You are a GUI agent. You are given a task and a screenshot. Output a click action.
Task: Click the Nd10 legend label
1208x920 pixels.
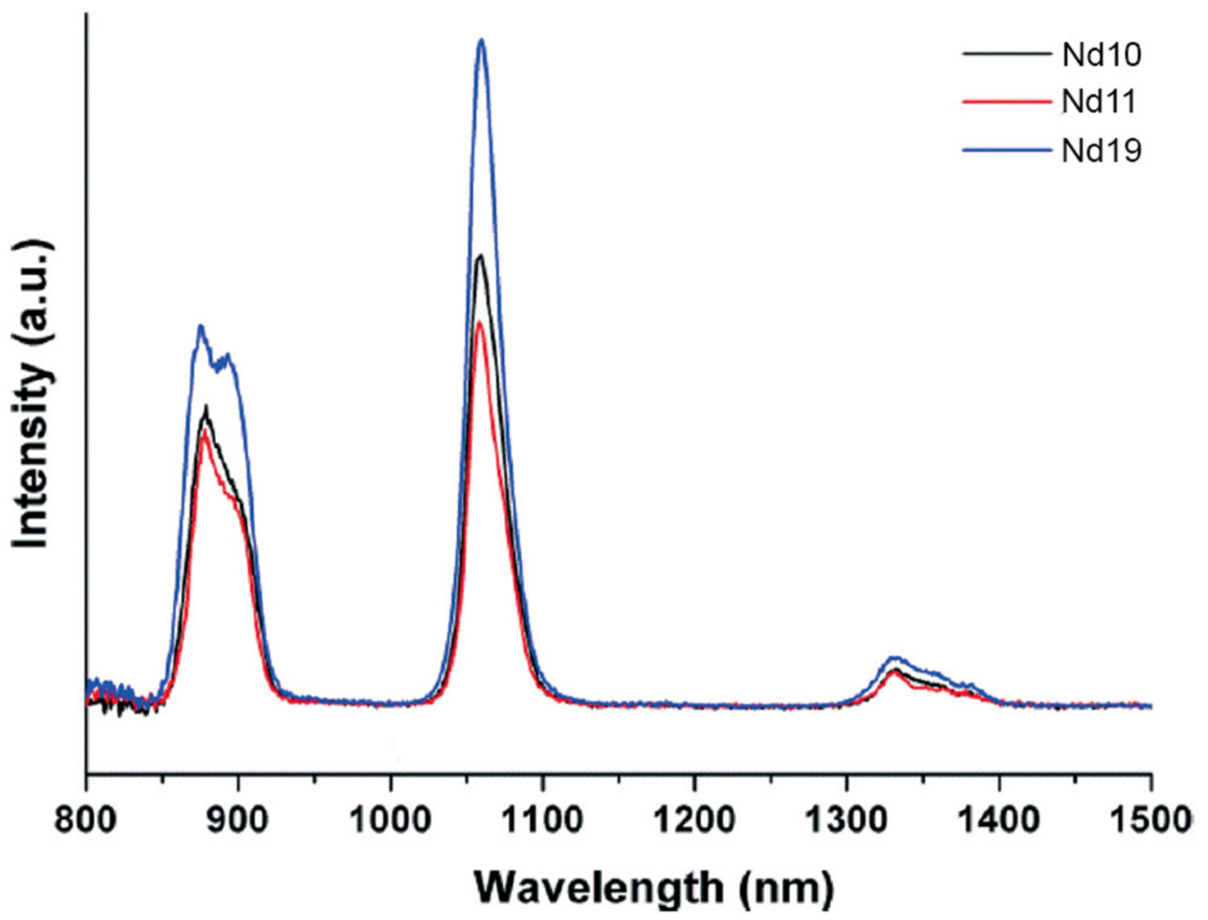pos(1101,55)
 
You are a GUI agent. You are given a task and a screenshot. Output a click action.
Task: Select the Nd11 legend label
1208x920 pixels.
pos(1099,102)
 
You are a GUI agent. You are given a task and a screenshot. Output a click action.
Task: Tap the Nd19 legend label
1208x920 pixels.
pos(1101,149)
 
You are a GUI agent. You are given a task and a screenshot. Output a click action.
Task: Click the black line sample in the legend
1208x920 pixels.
pos(1007,55)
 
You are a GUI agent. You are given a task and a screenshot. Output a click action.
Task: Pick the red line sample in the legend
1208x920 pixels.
pos(1007,102)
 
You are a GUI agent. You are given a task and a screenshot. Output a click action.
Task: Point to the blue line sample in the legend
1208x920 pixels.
pos(1007,149)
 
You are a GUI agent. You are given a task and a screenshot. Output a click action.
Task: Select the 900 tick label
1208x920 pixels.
pos(237,820)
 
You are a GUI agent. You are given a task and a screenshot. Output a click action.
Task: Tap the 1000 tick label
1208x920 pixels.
pos(390,820)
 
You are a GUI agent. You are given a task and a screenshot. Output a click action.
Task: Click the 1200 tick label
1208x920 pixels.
pos(694,820)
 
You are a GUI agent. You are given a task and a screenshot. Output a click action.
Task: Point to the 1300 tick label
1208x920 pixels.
pos(847,820)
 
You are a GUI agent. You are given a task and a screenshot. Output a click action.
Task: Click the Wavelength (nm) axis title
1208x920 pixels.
pos(653,888)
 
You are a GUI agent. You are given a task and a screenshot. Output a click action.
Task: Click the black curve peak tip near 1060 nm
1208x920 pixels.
pos(480,256)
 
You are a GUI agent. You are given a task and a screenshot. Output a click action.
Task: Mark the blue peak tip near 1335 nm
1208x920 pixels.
pos(894,657)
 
